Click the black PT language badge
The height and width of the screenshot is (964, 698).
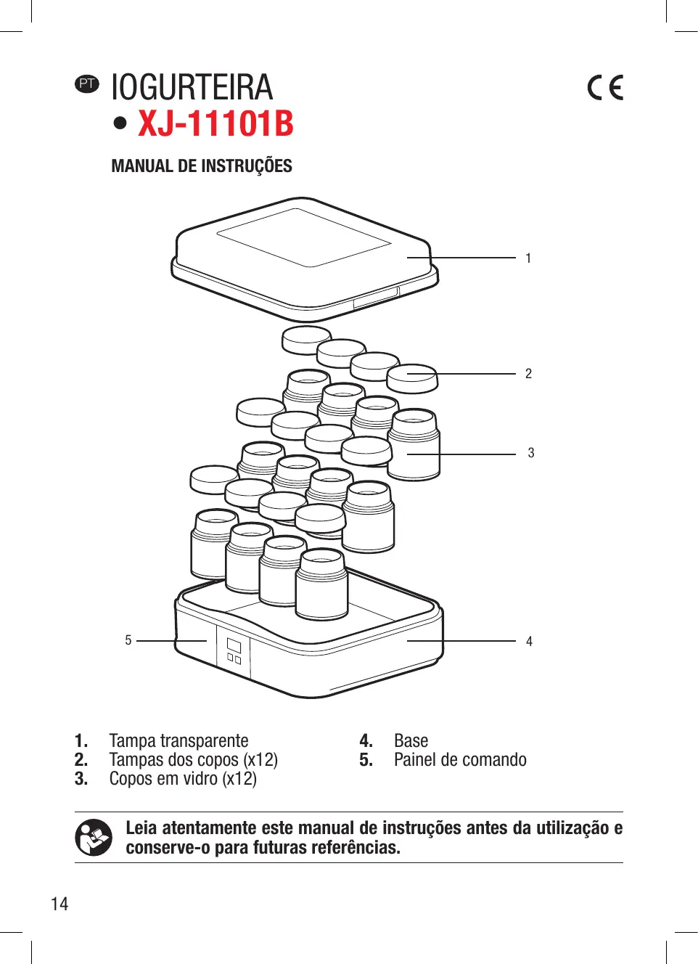pyautogui.click(x=87, y=84)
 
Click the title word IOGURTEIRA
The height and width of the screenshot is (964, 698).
pyautogui.click(x=192, y=88)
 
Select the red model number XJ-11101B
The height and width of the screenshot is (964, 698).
pyautogui.click(x=215, y=123)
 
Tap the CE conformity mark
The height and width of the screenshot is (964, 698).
pyautogui.click(x=605, y=88)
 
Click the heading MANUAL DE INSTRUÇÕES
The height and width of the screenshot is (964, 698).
pyautogui.click(x=202, y=166)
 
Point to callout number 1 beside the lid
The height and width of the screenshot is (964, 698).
pyautogui.click(x=528, y=258)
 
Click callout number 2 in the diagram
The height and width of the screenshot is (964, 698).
pyautogui.click(x=528, y=374)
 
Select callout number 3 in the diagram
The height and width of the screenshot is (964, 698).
pyautogui.click(x=530, y=453)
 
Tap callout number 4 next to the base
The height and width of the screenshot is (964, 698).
pyautogui.click(x=529, y=642)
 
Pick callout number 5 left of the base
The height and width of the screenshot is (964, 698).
pyautogui.click(x=128, y=640)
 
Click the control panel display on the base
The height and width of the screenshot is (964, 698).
pyautogui.click(x=234, y=645)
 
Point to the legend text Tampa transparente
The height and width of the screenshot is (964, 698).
pyautogui.click(x=178, y=741)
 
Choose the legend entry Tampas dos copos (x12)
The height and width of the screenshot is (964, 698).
pyautogui.click(x=193, y=760)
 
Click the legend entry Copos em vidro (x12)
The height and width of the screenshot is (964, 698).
pyautogui.click(x=183, y=779)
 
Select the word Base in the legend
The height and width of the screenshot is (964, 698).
pyautogui.click(x=411, y=741)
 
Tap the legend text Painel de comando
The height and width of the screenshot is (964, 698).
pyautogui.click(x=460, y=760)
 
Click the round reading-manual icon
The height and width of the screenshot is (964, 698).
pyautogui.click(x=94, y=838)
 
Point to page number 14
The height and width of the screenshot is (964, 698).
pyautogui.click(x=59, y=904)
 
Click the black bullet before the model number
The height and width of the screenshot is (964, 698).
pyautogui.click(x=120, y=123)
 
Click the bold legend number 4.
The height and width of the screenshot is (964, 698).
pyautogui.click(x=366, y=741)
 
